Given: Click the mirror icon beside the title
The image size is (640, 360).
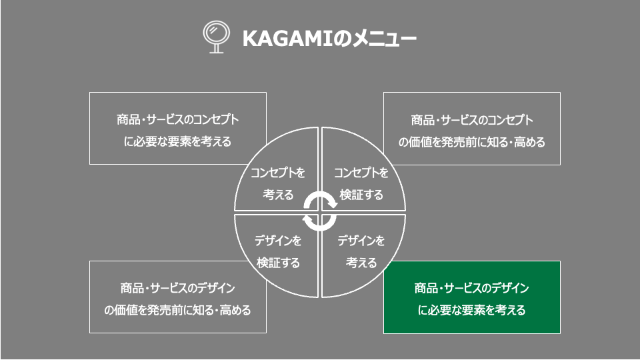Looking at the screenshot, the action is click(x=216, y=37).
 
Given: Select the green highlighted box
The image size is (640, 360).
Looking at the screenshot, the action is click(x=472, y=297).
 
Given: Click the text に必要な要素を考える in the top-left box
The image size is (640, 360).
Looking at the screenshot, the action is click(x=177, y=141).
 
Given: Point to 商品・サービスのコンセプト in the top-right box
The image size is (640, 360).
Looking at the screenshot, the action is click(x=472, y=120).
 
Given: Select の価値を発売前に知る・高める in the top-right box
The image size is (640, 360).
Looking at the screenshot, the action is click(x=472, y=142).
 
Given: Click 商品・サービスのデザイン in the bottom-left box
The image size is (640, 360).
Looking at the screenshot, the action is click(x=177, y=288).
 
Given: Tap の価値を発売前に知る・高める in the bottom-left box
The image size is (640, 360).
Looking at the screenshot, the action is click(x=177, y=310).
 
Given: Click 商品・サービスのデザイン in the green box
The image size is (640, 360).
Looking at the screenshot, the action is click(x=472, y=288).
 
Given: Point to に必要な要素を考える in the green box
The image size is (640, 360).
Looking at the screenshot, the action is click(x=472, y=310).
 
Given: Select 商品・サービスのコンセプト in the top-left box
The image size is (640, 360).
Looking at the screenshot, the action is click(x=177, y=119).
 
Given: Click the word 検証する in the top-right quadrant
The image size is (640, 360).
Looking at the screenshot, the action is click(x=361, y=195).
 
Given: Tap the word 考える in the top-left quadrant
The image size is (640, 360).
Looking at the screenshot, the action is click(x=278, y=195).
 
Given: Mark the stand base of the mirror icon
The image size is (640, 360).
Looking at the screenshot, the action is click(x=216, y=52).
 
